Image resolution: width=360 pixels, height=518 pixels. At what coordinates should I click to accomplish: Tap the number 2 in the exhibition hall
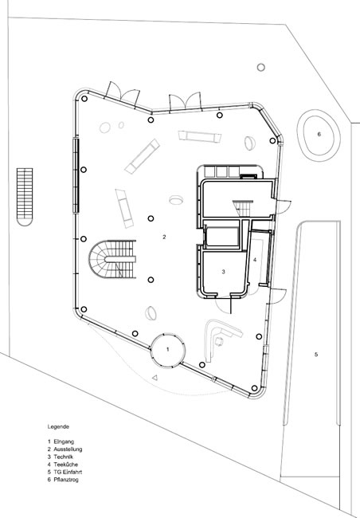click(x=164, y=237)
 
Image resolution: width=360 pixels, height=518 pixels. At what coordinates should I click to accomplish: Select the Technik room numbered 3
click(x=223, y=272)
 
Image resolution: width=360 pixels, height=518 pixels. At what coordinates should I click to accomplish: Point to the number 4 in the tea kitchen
click(x=255, y=260)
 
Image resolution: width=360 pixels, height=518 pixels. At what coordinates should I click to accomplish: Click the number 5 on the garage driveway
click(x=316, y=355)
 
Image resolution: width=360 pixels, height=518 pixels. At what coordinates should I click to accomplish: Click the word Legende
click(x=58, y=426)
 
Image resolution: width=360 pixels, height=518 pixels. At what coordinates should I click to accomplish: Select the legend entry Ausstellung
click(x=68, y=449)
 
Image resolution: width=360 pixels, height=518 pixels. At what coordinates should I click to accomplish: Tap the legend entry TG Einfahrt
click(x=68, y=472)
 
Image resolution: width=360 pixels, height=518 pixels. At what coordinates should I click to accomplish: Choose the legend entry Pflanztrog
click(x=66, y=480)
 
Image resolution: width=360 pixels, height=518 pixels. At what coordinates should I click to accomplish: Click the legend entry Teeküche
click(x=66, y=465)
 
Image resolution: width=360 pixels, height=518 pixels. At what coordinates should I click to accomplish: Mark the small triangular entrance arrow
click(x=155, y=377)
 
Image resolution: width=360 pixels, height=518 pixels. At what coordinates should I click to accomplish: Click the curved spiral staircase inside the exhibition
click(x=112, y=259)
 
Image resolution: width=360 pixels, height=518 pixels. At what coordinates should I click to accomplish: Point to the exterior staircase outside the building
click(x=25, y=197)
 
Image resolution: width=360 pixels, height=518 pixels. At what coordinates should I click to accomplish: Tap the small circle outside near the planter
click(x=261, y=68)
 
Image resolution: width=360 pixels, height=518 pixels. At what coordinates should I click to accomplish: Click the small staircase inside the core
click(x=243, y=208)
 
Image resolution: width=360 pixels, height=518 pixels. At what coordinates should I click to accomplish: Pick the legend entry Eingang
click(x=64, y=441)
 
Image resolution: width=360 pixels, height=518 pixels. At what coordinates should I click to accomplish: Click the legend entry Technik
click(x=63, y=457)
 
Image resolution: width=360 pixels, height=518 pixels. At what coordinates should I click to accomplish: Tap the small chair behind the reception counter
click(x=219, y=341)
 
